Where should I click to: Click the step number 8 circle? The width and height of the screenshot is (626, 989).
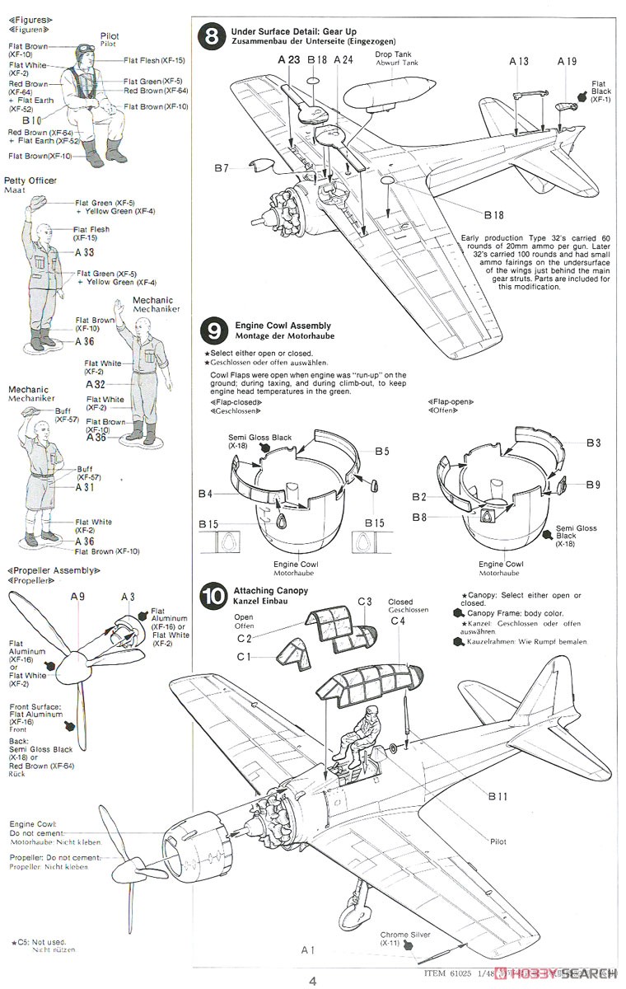click(x=213, y=36)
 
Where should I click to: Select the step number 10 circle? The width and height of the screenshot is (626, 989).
click(x=213, y=596)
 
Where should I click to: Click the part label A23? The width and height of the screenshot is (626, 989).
click(x=290, y=59)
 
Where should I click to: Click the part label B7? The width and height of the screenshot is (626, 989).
click(x=221, y=168)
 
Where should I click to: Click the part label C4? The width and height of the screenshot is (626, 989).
click(x=399, y=621)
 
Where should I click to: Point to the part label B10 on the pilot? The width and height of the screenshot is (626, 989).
click(x=32, y=120)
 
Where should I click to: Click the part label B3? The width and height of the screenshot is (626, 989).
click(x=593, y=443)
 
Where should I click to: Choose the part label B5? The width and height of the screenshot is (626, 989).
click(x=381, y=451)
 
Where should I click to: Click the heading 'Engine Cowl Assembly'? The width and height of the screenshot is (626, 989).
click(x=283, y=326)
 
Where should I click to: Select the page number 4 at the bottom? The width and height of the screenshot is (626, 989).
click(x=313, y=981)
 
